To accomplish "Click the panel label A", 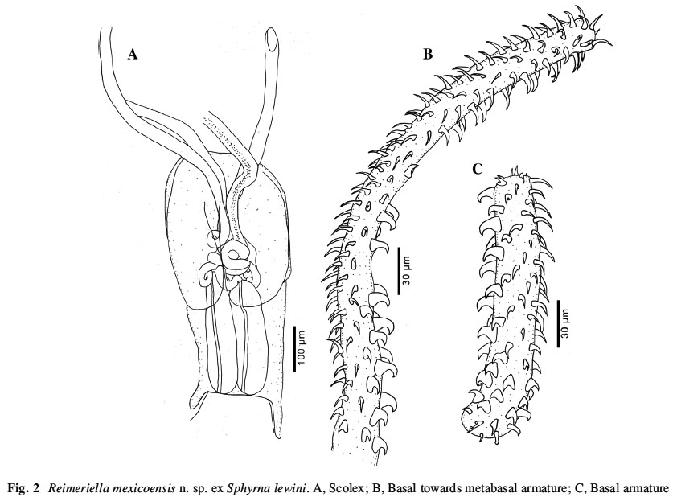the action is click(133, 55).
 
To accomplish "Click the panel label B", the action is click(427, 54).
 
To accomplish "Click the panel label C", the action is click(477, 170).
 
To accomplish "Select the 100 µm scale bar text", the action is click(303, 348).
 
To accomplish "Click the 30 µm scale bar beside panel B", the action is click(399, 271).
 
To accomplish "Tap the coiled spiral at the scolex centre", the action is click(234, 257).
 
